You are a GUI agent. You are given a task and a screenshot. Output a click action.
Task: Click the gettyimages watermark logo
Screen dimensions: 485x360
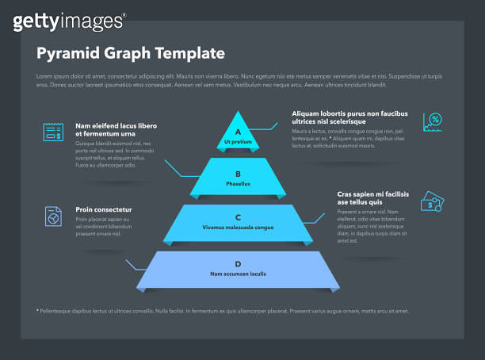click(69, 21)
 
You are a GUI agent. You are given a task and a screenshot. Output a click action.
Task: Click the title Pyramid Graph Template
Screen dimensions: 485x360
click(131, 53)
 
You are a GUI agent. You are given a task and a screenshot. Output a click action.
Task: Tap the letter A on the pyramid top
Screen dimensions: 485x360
click(238, 132)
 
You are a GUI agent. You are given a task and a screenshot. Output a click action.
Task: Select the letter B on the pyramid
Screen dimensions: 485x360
click(238, 173)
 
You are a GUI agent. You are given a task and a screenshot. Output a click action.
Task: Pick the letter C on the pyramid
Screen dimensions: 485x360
click(238, 216)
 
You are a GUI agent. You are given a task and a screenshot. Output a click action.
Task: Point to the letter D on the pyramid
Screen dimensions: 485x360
click(238, 263)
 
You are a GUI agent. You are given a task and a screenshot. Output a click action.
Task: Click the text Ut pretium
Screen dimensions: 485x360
click(238, 142)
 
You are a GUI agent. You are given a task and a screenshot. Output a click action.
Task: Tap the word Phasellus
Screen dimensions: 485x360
click(238, 183)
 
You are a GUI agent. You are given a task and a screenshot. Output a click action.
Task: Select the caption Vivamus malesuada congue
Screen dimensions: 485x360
click(238, 228)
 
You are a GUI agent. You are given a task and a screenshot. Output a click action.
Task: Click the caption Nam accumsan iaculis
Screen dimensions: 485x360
click(238, 274)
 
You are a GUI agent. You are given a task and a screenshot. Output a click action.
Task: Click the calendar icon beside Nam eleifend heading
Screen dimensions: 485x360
click(53, 132)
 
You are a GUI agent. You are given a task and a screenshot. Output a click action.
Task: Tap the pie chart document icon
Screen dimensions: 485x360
click(53, 216)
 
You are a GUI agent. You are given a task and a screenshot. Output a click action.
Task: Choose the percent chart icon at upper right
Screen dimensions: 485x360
click(433, 121)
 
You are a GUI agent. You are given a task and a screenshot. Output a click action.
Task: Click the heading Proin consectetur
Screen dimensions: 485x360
click(104, 209)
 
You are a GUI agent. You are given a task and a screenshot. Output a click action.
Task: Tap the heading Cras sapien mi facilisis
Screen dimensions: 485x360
click(372, 197)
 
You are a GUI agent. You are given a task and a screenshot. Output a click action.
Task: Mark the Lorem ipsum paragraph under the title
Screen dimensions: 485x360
click(238, 80)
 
